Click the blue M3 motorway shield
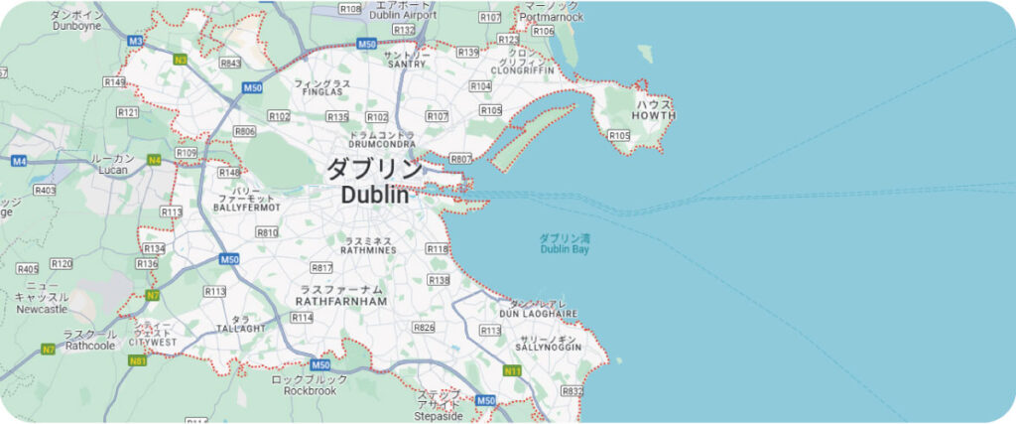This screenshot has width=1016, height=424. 137,41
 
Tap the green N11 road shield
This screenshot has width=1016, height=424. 512,371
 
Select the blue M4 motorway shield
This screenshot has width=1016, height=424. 19,161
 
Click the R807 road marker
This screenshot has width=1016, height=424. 460,159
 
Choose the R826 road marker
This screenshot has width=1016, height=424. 424,328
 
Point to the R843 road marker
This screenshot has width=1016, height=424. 231,63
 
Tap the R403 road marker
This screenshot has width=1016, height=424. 45,190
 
